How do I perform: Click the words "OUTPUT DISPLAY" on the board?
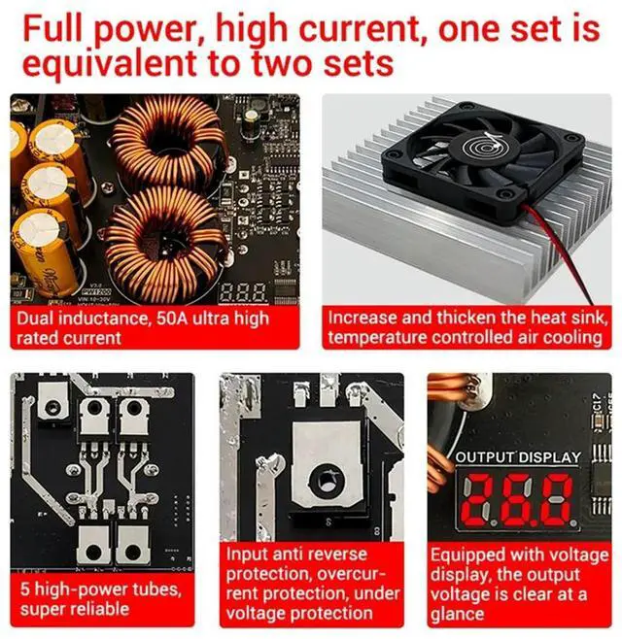[x=518, y=457]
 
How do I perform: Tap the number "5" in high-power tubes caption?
[x=24, y=589]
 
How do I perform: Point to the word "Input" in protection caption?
[x=245, y=555]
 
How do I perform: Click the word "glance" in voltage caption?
[x=457, y=615]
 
